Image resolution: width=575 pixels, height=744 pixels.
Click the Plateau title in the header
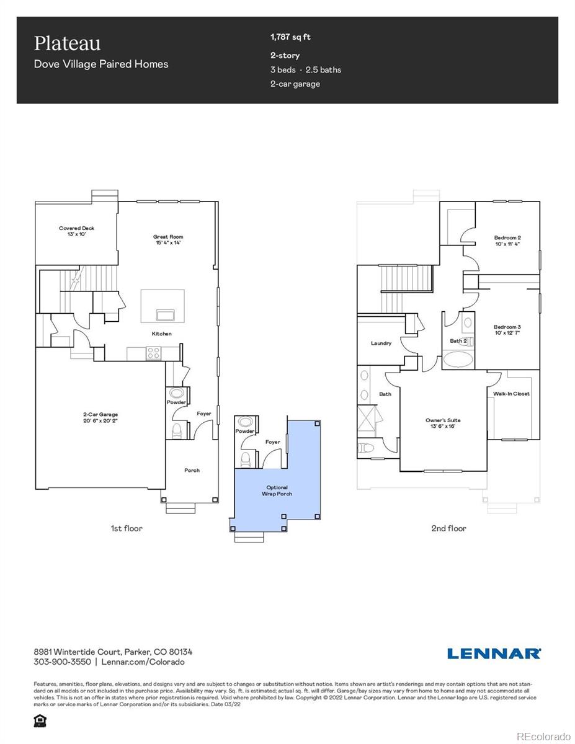point(67,43)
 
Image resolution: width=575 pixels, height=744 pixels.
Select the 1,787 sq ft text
point(290,37)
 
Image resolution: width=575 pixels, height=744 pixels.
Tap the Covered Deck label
point(77,231)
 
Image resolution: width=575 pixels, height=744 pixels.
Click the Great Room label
point(168,239)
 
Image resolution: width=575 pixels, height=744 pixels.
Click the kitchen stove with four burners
point(153,353)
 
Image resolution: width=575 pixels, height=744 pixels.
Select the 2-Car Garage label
point(100,417)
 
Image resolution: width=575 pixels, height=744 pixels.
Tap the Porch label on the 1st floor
point(192,470)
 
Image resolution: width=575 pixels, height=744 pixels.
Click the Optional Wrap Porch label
point(277,490)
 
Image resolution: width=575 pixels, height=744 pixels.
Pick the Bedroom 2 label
point(507,241)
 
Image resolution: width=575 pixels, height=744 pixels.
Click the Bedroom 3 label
point(507,330)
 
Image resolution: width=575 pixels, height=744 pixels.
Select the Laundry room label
point(381,343)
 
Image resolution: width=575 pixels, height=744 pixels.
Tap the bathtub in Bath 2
point(458,360)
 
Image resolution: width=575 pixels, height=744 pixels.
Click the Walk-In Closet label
point(512,394)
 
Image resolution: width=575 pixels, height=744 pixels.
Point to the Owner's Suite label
point(443,423)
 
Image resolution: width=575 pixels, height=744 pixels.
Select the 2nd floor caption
point(448,528)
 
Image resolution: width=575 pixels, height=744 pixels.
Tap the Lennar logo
point(494,653)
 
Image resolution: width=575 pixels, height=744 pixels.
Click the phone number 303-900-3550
point(62,662)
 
